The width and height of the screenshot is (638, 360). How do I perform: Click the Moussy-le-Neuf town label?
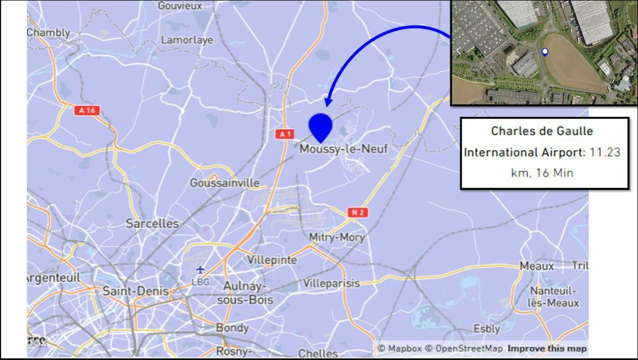(x=344, y=149)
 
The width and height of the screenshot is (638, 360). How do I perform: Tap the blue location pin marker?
(x=320, y=127)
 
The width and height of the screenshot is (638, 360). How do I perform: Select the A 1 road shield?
(x=284, y=134)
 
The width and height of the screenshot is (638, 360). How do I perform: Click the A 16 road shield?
(x=87, y=110)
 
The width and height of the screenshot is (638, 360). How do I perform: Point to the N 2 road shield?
(x=357, y=213)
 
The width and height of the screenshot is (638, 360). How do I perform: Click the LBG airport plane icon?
(x=200, y=269)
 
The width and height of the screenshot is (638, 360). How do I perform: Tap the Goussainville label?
(x=224, y=183)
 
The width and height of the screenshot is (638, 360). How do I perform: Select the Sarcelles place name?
(x=152, y=224)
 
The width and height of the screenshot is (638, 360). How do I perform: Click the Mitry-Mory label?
(x=337, y=237)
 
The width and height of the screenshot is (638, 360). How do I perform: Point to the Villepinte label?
(x=272, y=260)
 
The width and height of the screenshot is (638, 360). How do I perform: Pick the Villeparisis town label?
(x=331, y=283)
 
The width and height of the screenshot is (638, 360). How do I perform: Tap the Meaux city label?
(x=536, y=266)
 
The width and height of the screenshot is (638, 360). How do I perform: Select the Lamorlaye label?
(x=187, y=40)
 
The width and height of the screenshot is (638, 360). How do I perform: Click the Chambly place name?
(x=49, y=33)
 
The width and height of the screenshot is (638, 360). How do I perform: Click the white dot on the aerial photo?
(x=545, y=52)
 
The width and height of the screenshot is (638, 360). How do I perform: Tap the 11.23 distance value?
(x=605, y=152)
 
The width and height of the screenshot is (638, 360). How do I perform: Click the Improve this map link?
(x=547, y=348)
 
